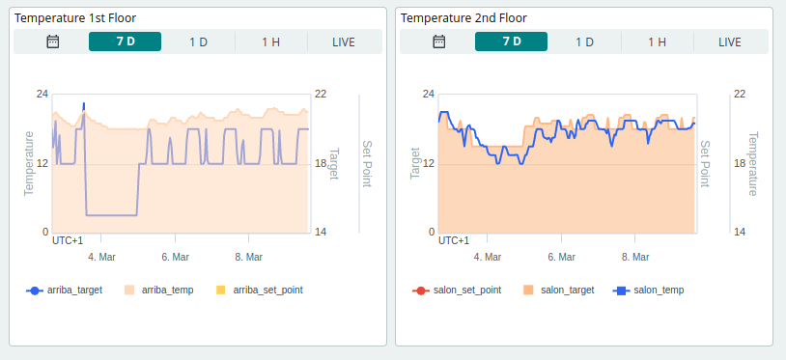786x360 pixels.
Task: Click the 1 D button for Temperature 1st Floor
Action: click(198, 42)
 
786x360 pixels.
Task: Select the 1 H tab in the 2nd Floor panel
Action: click(657, 42)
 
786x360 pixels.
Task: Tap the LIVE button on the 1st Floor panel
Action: click(344, 42)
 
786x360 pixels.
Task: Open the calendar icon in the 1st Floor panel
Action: click(53, 42)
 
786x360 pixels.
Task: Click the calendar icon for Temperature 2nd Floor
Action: click(439, 42)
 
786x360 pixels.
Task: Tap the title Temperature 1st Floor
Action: click(73, 18)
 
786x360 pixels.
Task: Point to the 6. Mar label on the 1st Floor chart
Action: click(175, 258)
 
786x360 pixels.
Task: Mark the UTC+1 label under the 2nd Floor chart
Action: click(454, 240)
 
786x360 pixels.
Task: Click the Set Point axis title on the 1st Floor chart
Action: click(366, 164)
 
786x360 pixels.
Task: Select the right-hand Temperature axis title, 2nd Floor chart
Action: click(752, 164)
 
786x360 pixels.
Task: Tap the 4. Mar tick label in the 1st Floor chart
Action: click(101, 258)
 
